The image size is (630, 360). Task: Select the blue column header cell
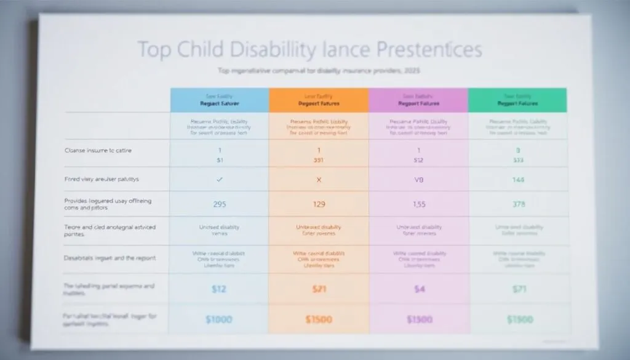pos(220,100)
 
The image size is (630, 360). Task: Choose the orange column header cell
pos(318,100)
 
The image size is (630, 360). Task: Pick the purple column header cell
pos(418,100)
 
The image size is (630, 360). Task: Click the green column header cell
pos(517,100)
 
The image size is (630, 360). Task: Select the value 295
pos(220,204)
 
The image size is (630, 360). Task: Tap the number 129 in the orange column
pos(318,204)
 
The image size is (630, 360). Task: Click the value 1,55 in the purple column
pos(418,204)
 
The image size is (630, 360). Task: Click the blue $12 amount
pos(220,289)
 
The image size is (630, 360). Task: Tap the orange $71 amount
pos(318,289)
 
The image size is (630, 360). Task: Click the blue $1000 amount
pos(220,319)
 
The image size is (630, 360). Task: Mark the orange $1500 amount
pos(318,319)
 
